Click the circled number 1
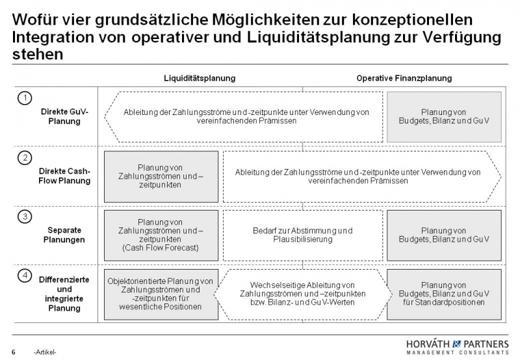coord(24,97)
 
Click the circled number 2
coord(24,157)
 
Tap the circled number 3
coord(24,216)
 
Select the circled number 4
coord(24,276)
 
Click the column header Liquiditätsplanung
coord(199,79)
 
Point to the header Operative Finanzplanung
coord(404,79)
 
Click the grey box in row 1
coord(444,117)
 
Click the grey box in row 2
coord(161,176)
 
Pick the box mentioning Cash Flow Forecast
coord(161,235)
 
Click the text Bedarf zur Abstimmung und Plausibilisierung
coord(302,235)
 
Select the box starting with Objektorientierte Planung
coord(161,294)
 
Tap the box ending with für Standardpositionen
coord(444,294)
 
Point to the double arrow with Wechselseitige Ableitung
coord(302,294)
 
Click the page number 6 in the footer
coord(14,351)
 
